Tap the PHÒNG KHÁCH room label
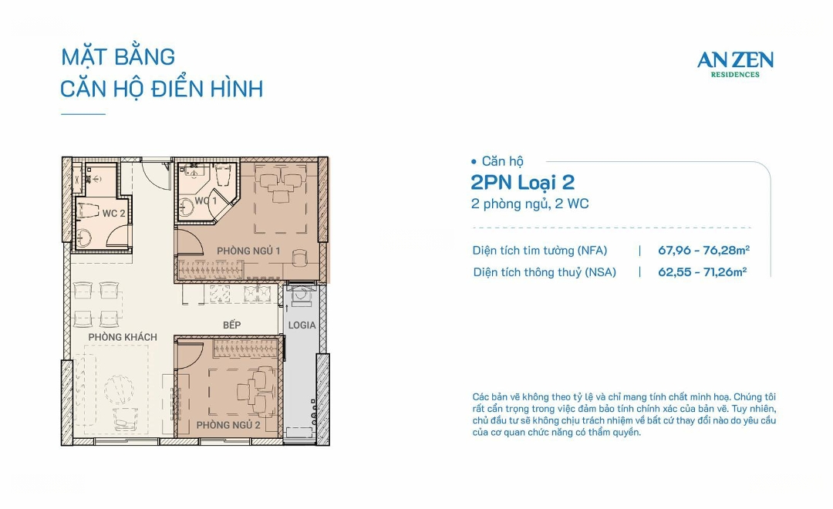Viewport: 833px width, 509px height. [x=123, y=337]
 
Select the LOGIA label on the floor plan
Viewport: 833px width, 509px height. [x=302, y=325]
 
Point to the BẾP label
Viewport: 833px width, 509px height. [x=231, y=325]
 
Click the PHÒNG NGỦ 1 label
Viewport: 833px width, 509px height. [x=248, y=251]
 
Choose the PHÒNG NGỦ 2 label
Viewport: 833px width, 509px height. [x=228, y=425]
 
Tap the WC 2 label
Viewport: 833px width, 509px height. [x=113, y=213]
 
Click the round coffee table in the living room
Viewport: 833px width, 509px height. [x=119, y=389]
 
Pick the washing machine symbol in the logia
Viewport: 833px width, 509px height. [x=302, y=295]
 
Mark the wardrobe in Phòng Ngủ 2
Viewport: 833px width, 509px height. [x=245, y=349]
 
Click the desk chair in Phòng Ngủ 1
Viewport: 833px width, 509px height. [x=299, y=258]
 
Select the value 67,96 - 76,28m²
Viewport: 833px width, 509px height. [x=704, y=250]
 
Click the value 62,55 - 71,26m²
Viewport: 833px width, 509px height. [x=703, y=271]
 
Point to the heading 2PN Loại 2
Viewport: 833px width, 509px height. [x=523, y=182]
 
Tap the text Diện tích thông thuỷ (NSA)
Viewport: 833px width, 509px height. [x=545, y=272]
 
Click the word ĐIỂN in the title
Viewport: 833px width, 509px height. [x=177, y=89]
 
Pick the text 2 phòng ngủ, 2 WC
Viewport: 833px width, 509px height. [x=530, y=204]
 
